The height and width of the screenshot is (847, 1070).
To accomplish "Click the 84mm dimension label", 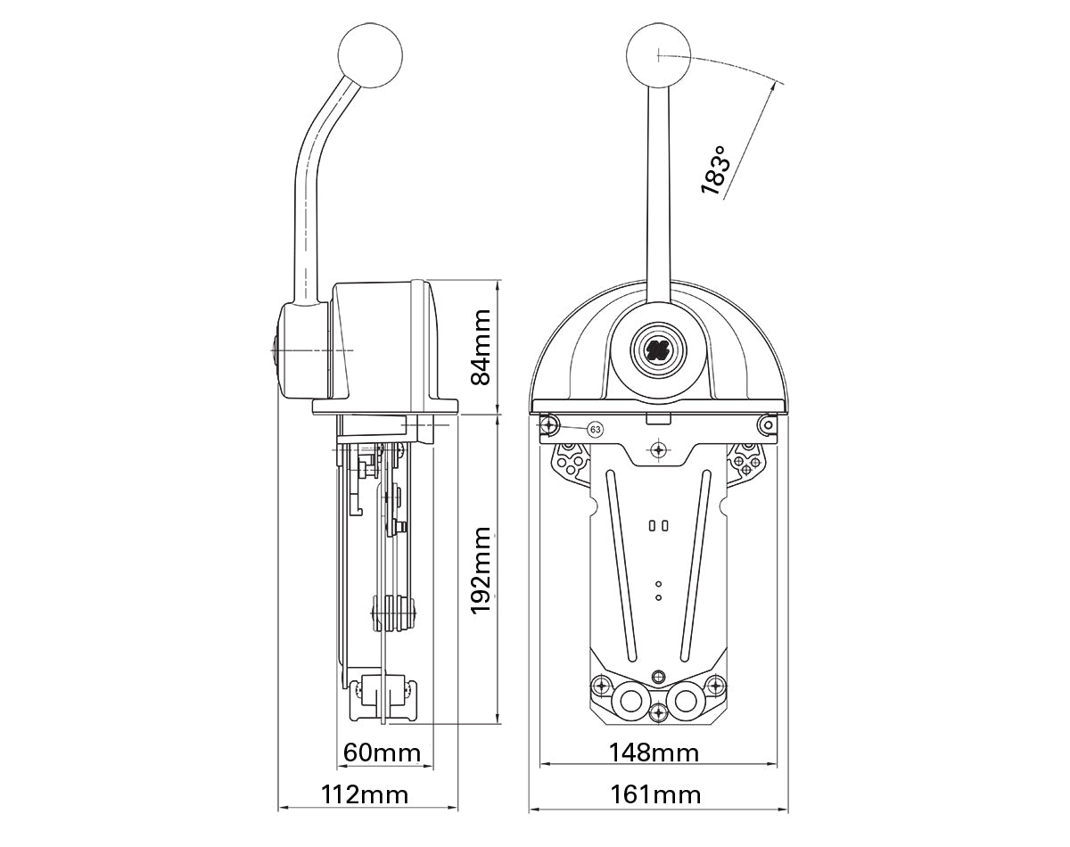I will click(481, 346).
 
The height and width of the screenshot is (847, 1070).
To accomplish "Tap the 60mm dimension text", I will click(382, 752).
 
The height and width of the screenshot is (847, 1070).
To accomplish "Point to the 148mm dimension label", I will click(654, 752).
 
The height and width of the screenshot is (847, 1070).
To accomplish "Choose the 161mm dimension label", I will click(655, 794).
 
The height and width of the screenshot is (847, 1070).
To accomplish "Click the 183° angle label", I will click(718, 169).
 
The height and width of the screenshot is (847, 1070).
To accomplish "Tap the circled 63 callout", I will click(596, 430).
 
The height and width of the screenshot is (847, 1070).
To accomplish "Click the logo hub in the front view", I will click(658, 349).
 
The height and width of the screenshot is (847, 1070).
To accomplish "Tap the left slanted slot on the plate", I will click(621, 566).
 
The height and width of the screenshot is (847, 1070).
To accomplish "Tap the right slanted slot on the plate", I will click(694, 566).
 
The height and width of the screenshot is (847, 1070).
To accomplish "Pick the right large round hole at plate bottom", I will click(685, 701).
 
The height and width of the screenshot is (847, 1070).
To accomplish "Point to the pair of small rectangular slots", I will click(658, 526).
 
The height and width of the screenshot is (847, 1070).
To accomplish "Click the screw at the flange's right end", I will click(766, 426).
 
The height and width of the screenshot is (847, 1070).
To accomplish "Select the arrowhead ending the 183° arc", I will click(779, 85).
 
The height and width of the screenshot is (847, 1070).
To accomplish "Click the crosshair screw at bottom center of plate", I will click(658, 712).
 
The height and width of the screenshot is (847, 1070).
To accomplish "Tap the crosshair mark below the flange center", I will click(658, 449).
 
